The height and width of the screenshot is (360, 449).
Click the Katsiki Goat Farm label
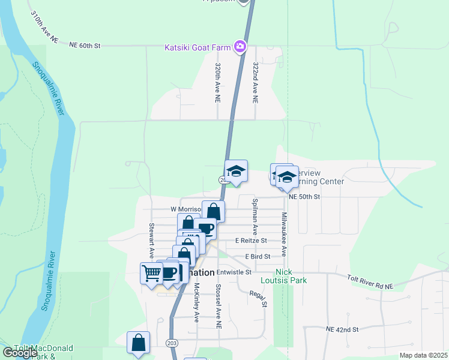(199, 46)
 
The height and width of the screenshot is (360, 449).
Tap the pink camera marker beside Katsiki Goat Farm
(240, 46)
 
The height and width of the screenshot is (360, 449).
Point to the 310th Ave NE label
(45, 28)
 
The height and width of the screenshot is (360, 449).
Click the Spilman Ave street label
(255, 217)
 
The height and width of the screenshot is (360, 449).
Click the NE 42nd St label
(342, 329)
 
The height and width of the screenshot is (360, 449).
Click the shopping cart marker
(151, 273)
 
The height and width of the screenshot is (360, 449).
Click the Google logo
(19, 352)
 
